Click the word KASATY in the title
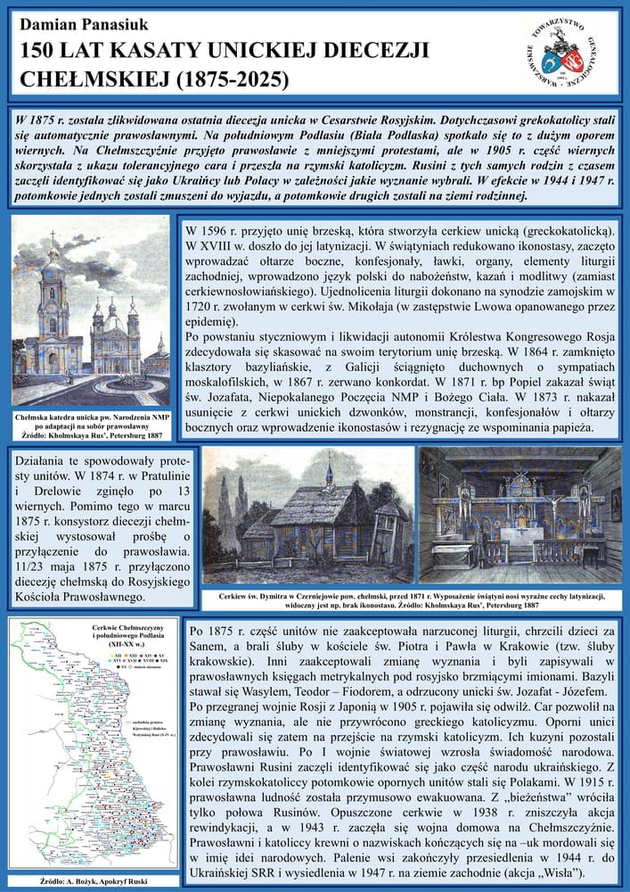pos(149,51)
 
